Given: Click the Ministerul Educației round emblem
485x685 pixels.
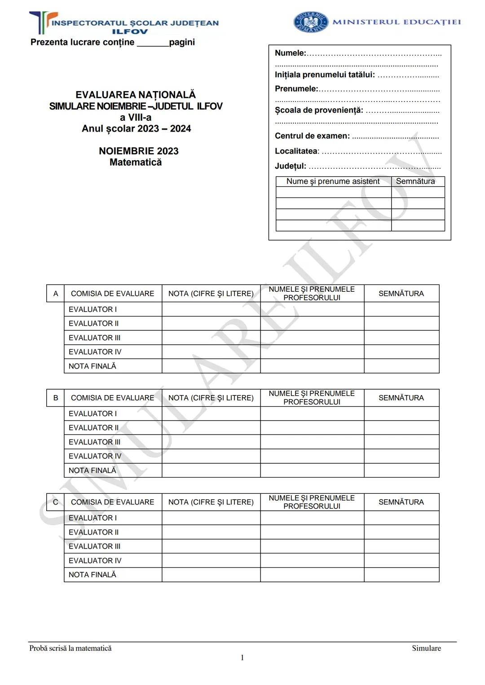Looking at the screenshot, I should (x=310, y=22).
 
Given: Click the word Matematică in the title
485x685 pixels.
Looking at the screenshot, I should (x=136, y=162).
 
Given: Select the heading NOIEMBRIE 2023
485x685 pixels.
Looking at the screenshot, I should (x=138, y=151).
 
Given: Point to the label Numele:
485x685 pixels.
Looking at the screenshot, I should (x=290, y=53).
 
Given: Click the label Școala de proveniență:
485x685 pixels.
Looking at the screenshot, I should (x=319, y=110).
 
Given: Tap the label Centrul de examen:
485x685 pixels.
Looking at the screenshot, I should (x=312, y=136).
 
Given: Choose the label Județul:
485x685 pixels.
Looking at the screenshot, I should (x=291, y=166).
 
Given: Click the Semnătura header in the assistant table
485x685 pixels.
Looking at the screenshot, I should (x=415, y=181).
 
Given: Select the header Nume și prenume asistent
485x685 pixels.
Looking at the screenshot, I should (x=333, y=181).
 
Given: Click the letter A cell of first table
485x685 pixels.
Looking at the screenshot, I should (x=56, y=294).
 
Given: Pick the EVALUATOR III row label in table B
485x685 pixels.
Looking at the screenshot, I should (x=95, y=442).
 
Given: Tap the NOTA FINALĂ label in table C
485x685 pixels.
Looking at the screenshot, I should (x=93, y=575).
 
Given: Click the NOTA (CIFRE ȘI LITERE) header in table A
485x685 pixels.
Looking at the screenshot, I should (x=211, y=294).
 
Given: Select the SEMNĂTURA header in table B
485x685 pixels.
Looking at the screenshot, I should (x=401, y=398).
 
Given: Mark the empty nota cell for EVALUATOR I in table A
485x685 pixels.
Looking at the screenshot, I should (x=211, y=309).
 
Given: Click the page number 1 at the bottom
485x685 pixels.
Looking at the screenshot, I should (x=242, y=658).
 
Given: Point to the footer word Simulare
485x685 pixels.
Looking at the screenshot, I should (x=426, y=648).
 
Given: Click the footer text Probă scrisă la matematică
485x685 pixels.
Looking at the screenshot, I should (x=71, y=648).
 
